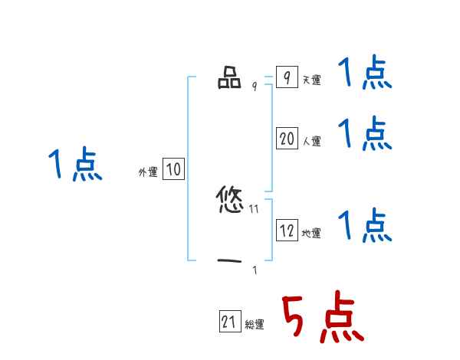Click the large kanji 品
pos(229,79)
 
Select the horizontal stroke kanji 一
pos(229,261)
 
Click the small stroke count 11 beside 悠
pos(255,208)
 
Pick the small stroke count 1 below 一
pos(255,270)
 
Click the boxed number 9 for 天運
pos(286,78)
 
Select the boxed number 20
pos(287,139)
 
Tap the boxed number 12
pos(287,231)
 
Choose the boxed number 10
pos(173,169)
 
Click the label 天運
pos(311,80)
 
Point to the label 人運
pos(311,142)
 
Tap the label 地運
pos(311,234)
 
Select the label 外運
pos(148,172)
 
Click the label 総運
pos(255,325)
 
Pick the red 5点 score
pos(322,318)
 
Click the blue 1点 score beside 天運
pos(365,74)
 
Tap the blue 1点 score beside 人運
pos(365,134)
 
